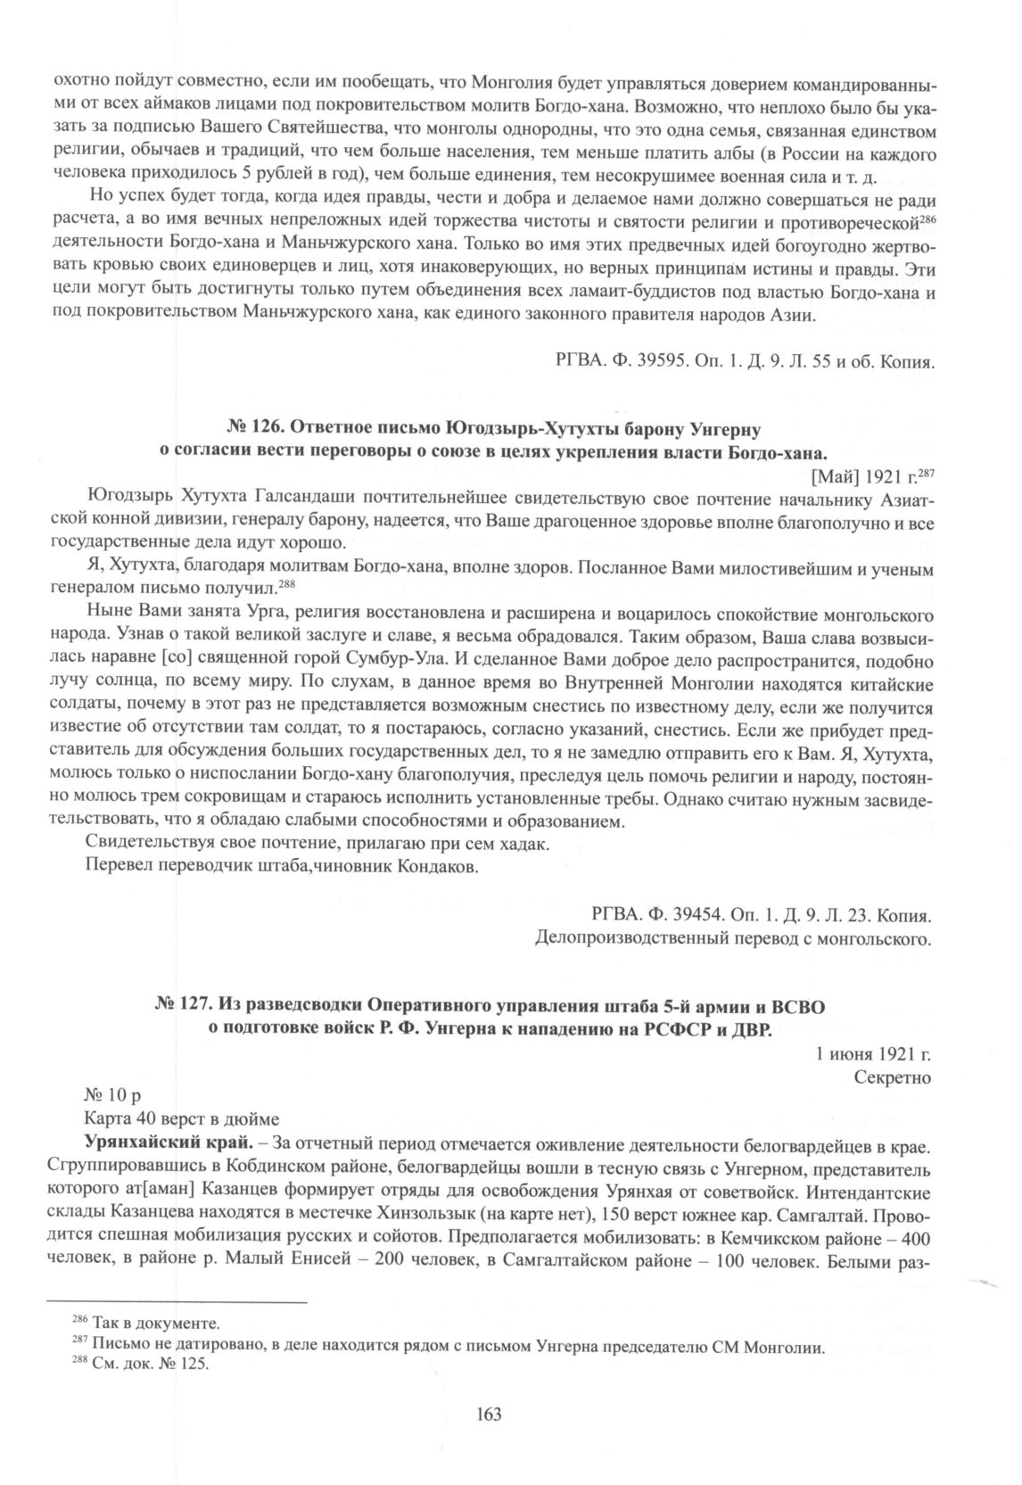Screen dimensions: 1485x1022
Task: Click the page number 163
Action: click(x=490, y=1414)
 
